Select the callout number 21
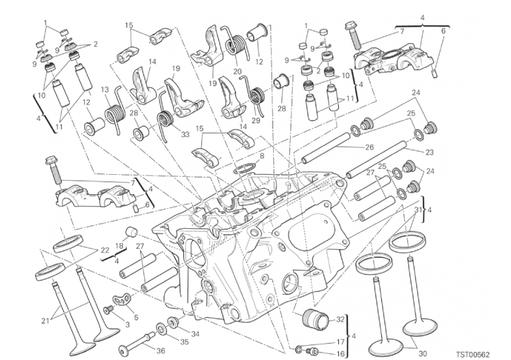44,319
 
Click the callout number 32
340,320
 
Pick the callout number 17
340,342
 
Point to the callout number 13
105,89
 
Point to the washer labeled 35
160,329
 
